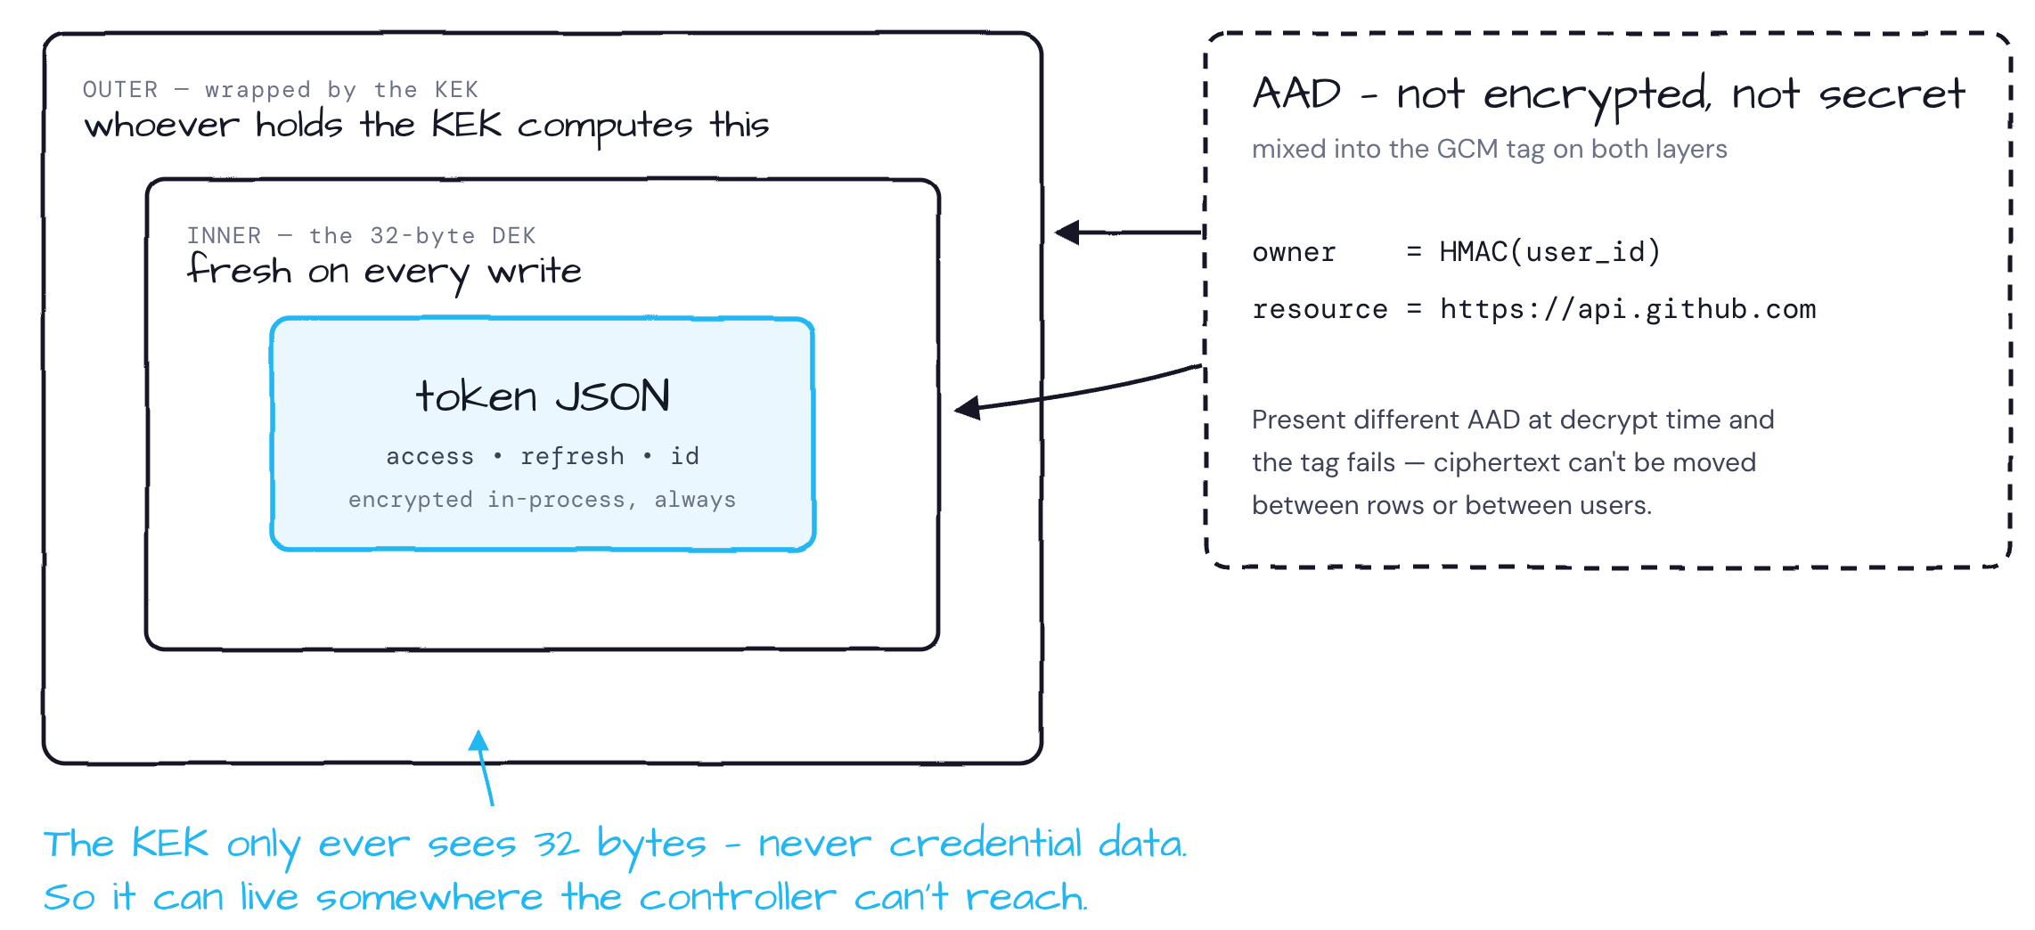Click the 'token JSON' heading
coord(543,396)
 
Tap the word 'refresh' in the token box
coord(572,456)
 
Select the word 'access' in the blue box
coord(430,457)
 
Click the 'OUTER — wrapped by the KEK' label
coord(281,90)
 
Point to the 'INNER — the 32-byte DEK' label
coord(362,236)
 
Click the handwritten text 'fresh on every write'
coord(384,272)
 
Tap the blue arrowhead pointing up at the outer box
coord(479,740)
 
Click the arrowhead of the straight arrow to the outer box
coord(1067,232)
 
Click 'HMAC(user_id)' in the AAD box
coord(1550,252)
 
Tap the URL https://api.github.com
coord(1628,309)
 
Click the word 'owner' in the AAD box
coord(1295,253)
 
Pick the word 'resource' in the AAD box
coord(1320,310)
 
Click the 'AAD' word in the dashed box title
coord(1296,94)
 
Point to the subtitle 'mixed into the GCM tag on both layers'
coord(1490,149)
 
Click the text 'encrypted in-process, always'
coord(543,500)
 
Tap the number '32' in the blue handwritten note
coord(558,844)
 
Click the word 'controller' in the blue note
coord(738,897)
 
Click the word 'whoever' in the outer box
coord(161,126)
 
